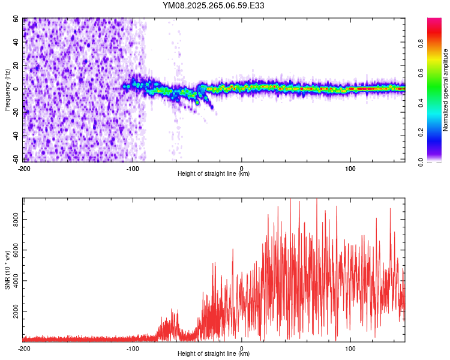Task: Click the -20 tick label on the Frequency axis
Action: pos(16,112)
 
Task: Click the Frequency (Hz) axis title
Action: pos(7,89)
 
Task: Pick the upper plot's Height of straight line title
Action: pos(214,173)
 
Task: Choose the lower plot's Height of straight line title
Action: pos(214,353)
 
